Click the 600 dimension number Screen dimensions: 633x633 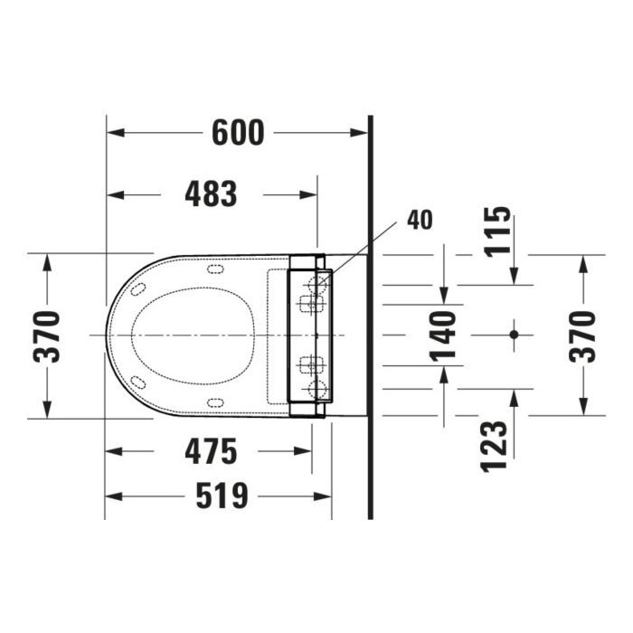pyautogui.click(x=238, y=132)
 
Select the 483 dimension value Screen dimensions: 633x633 pyautogui.click(x=211, y=194)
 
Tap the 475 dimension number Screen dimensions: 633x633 pyautogui.click(x=211, y=451)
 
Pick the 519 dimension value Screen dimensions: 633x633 pyautogui.click(x=222, y=496)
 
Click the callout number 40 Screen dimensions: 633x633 pyautogui.click(x=420, y=220)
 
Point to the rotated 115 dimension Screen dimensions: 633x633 pyautogui.click(x=497, y=231)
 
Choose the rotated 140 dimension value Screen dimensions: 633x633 pyautogui.click(x=442, y=335)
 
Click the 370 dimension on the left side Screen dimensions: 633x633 pyautogui.click(x=46, y=336)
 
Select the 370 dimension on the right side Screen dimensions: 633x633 pyautogui.click(x=582, y=336)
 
